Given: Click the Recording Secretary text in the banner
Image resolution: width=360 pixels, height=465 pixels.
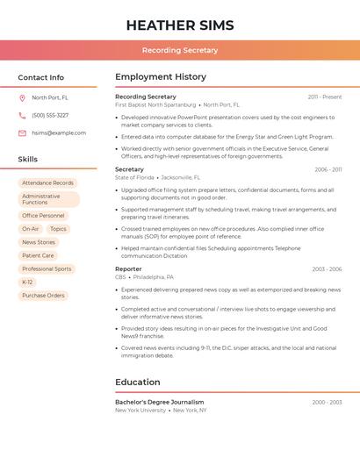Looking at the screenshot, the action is coord(180,50).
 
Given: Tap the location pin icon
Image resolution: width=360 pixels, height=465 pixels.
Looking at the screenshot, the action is coord(22,98).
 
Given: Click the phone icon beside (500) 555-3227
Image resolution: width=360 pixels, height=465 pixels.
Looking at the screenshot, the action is coord(22,116).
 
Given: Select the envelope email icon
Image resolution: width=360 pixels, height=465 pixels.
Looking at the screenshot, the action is coord(22,133).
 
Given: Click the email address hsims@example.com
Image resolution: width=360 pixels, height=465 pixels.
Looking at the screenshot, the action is coord(59,133).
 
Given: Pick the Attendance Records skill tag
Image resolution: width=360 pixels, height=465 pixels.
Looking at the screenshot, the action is coord(47,183).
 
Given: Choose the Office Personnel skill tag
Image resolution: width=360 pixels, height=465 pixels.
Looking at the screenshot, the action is coord(43,216).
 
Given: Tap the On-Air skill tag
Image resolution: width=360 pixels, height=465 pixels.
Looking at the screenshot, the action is coord(31,229).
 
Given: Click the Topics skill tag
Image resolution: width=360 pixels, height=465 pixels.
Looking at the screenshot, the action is coord(58,229).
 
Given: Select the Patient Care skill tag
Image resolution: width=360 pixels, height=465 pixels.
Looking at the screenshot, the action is coord(38,255).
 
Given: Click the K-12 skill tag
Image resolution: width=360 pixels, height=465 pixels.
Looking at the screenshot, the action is coord(27,283).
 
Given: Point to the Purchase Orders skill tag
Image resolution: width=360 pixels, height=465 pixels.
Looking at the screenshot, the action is coord(43,296).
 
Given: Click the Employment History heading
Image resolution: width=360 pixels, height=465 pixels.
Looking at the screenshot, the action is coord(161,77).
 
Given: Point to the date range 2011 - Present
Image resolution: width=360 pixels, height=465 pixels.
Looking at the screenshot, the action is coord(325,97).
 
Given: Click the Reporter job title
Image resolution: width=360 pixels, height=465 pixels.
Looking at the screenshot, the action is coord(128,269).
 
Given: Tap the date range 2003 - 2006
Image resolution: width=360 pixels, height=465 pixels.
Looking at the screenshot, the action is coord(327,269).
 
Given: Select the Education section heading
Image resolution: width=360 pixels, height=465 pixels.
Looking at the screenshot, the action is coord(137,383).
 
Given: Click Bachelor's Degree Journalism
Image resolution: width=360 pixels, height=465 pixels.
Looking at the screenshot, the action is coord(159,403).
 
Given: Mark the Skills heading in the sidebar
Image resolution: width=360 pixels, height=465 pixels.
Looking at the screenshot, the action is coord(28,160).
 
